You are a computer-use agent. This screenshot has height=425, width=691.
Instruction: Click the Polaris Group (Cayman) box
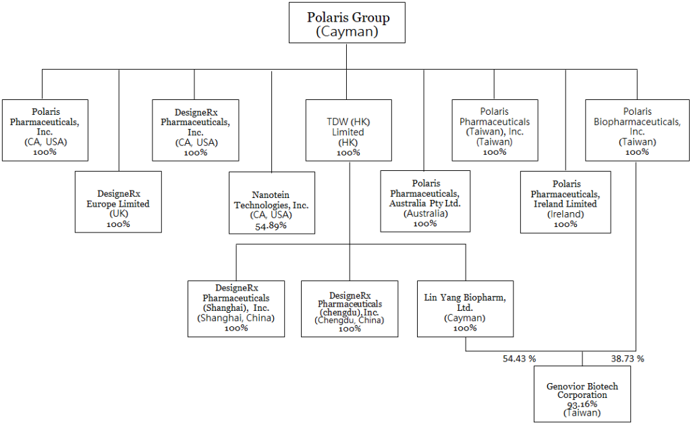click(x=348, y=24)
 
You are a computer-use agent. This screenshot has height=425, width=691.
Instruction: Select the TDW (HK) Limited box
click(x=349, y=130)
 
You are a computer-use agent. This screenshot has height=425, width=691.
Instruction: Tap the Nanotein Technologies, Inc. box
click(x=271, y=203)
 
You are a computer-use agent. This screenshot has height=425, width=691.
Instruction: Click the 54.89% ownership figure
click(x=271, y=225)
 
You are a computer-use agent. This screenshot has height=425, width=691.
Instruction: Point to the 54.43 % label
click(x=518, y=359)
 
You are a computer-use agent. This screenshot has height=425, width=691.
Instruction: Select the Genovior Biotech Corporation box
click(x=582, y=395)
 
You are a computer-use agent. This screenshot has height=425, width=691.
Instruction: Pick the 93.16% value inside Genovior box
click(x=582, y=404)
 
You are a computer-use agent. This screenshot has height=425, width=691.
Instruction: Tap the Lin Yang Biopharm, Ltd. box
click(x=466, y=308)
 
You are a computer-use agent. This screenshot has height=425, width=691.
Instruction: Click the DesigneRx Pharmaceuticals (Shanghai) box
click(x=236, y=308)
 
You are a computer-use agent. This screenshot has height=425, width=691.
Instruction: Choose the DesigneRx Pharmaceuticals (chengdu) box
click(x=349, y=308)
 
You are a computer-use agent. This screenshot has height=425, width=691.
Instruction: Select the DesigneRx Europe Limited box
click(x=118, y=201)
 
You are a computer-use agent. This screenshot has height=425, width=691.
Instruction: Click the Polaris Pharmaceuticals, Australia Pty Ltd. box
click(x=424, y=201)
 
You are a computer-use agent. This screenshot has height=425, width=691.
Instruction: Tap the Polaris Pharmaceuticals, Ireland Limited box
click(x=565, y=201)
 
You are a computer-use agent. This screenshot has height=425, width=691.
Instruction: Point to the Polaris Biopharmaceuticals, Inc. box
click(x=637, y=130)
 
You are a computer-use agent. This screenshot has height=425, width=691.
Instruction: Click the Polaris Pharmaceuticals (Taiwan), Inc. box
click(x=495, y=130)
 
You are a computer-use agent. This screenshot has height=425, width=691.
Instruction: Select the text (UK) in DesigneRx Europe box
click(x=118, y=214)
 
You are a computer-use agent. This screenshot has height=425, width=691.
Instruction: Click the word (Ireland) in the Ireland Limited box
click(x=565, y=214)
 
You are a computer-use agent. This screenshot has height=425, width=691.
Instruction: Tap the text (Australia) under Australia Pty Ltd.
click(x=424, y=214)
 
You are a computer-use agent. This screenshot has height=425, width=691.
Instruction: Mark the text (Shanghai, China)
click(x=236, y=318)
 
